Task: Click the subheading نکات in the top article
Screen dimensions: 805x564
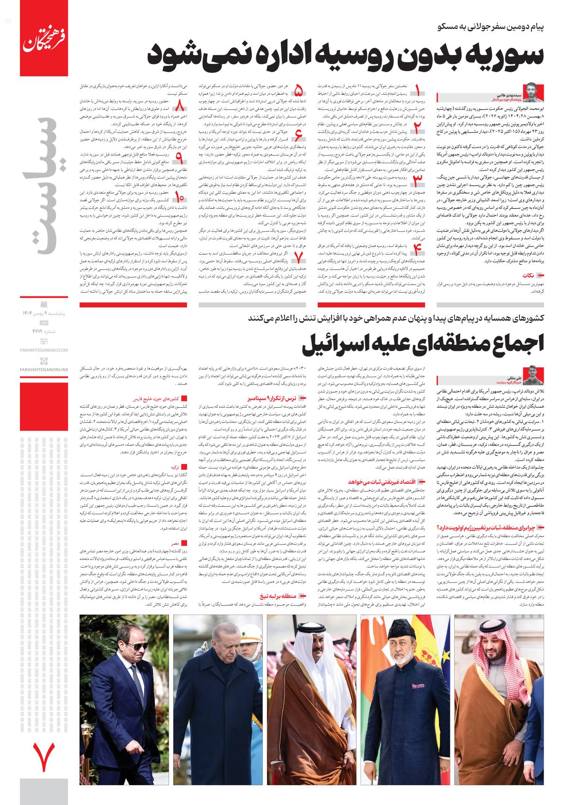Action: [x=537, y=275]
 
